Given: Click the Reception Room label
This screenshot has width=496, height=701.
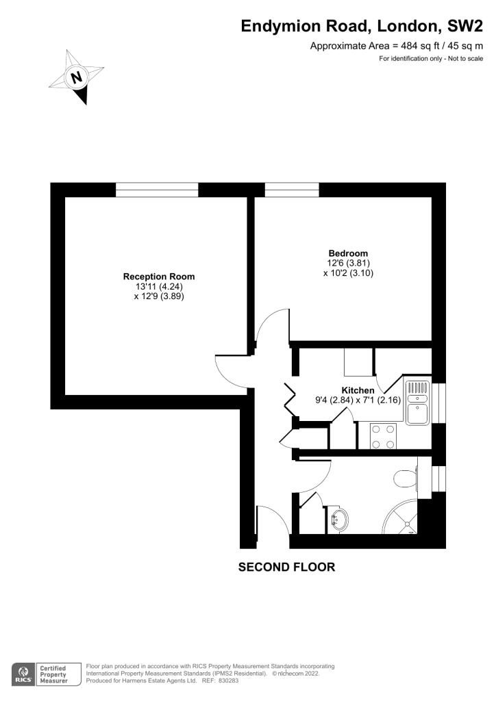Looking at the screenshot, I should (x=159, y=277).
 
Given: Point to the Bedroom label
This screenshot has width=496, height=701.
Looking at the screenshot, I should (x=348, y=253).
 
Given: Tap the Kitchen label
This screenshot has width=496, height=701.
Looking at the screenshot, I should (x=351, y=390).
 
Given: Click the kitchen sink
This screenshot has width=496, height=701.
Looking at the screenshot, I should (x=417, y=404).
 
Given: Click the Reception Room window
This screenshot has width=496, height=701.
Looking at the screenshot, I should (x=157, y=190).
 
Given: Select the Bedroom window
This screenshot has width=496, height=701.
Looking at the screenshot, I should (x=292, y=190).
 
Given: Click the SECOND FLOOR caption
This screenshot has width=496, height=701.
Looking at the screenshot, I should (x=286, y=567).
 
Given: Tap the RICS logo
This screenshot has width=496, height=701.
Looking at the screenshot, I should (x=21, y=674).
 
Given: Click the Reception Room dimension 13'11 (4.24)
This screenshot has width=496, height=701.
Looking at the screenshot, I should (x=159, y=287).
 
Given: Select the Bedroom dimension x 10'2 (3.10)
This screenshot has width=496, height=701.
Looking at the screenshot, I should (x=348, y=273).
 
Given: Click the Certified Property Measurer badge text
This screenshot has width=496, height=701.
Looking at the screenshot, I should (x=53, y=674).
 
